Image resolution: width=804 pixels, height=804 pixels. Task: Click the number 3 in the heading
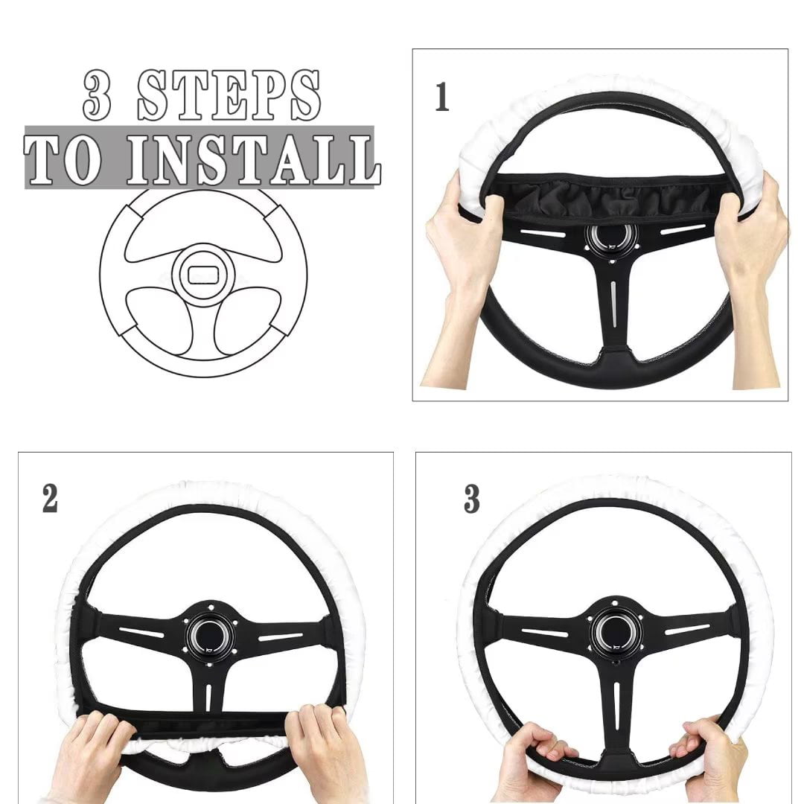[97, 95]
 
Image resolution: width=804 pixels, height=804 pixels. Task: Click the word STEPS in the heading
[229, 95]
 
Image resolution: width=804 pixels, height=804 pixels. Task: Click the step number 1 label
[442, 98]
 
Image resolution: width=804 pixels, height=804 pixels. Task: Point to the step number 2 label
[50, 499]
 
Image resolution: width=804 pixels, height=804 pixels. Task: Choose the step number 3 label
[471, 499]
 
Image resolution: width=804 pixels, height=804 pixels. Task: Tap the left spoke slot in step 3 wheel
[544, 633]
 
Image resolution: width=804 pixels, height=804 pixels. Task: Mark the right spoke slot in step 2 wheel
[280, 637]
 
